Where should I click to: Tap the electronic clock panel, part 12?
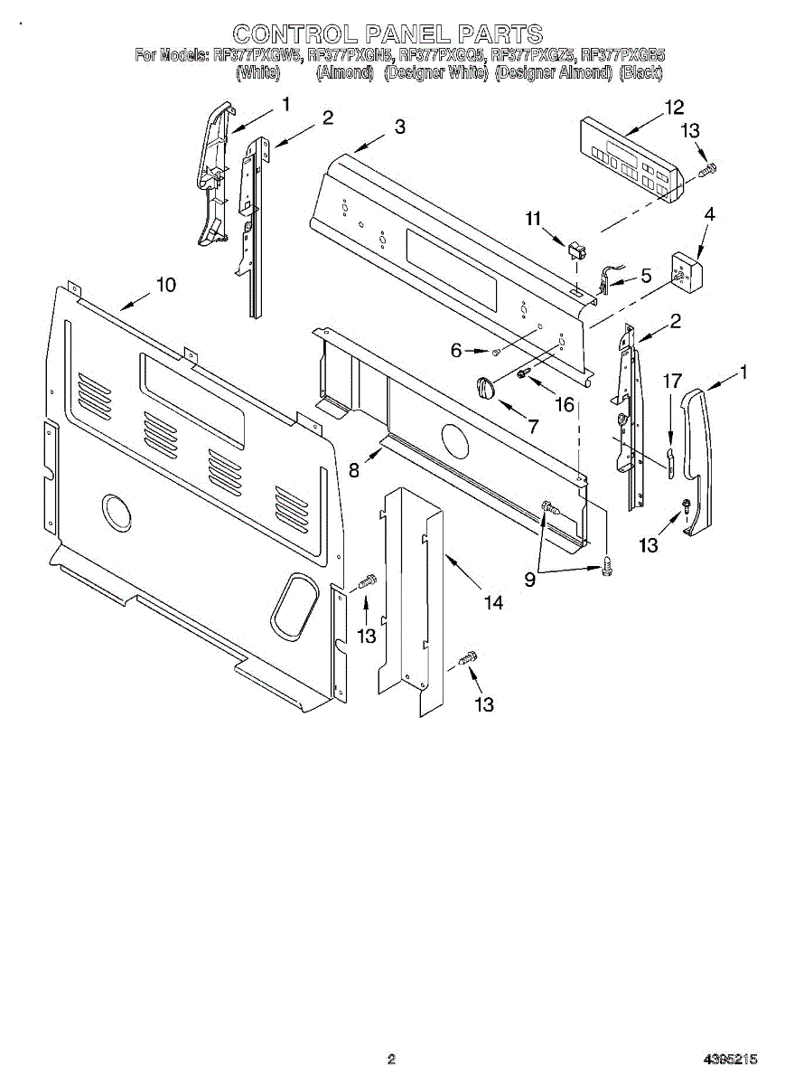627,158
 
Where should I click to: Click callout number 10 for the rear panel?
165,285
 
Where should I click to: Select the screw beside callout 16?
523,373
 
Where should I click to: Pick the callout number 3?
399,127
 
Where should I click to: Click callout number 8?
354,469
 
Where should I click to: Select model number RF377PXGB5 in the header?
623,55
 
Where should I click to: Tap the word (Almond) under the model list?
344,73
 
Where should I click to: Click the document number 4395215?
732,1059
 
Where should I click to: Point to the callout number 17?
671,381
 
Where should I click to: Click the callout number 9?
530,580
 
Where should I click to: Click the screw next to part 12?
708,168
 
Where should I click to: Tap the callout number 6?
456,350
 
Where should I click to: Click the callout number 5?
646,276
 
